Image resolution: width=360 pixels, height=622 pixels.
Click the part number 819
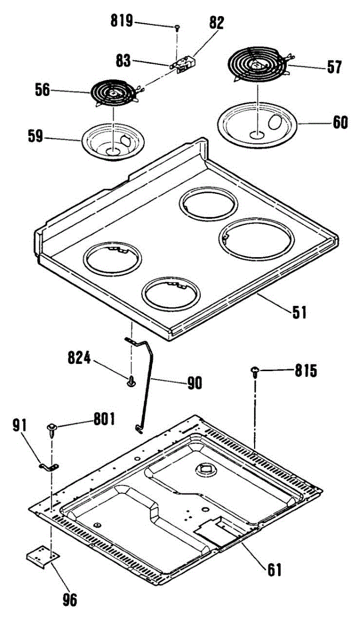pyautogui.click(x=122, y=21)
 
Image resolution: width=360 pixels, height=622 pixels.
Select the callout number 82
pyautogui.click(x=216, y=23)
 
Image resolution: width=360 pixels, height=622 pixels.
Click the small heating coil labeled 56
pyautogui.click(x=113, y=94)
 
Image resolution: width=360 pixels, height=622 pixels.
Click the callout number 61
pyautogui.click(x=274, y=570)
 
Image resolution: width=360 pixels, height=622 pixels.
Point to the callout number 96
pyautogui.click(x=68, y=600)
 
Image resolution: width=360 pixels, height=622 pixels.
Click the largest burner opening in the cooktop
pyautogui.click(x=256, y=239)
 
